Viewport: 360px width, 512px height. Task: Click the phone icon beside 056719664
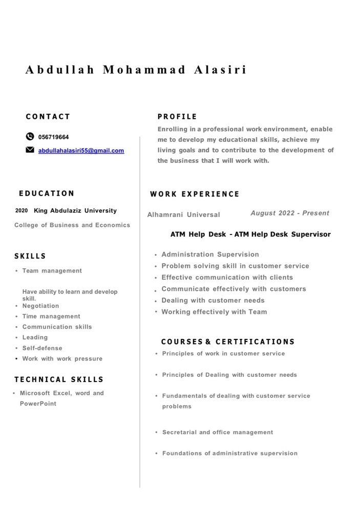(x=30, y=137)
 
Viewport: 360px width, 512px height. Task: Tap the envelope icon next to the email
(x=30, y=150)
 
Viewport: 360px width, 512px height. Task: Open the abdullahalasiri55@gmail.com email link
(x=81, y=151)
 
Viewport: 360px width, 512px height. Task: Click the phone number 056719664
(x=53, y=137)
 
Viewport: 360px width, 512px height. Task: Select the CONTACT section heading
(x=48, y=117)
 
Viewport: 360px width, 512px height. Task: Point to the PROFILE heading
(x=177, y=117)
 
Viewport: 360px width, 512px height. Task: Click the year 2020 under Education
(x=22, y=210)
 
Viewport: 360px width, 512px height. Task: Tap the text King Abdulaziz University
(x=75, y=210)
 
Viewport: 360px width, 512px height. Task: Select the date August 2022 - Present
(x=290, y=213)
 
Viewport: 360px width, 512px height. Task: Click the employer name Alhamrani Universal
(x=183, y=215)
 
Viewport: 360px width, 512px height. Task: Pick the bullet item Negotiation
(x=40, y=306)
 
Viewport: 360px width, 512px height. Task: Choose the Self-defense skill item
(x=42, y=348)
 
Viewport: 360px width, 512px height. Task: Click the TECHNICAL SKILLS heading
(x=59, y=379)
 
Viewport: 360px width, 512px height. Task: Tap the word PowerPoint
(x=38, y=403)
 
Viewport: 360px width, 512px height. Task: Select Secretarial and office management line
(x=218, y=432)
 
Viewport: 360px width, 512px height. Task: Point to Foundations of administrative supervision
(x=229, y=453)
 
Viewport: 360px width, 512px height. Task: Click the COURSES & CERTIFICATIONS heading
(x=228, y=342)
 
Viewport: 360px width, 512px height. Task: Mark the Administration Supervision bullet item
(x=210, y=254)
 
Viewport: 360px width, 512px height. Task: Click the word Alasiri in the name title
(x=220, y=70)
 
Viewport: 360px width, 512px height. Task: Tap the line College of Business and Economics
(x=72, y=225)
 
